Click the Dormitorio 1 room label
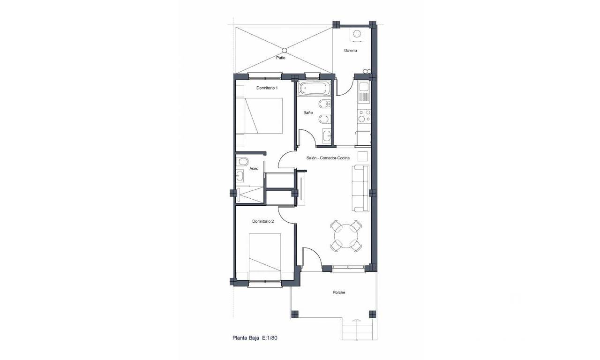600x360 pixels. (x=267, y=88)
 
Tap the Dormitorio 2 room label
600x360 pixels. (x=263, y=221)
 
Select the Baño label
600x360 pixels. (x=308, y=113)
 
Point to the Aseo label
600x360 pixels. (x=254, y=168)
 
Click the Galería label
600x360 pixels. (x=350, y=50)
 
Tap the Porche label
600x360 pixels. (x=339, y=292)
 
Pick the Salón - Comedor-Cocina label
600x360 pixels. (x=328, y=158)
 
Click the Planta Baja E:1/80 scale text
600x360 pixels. (x=255, y=338)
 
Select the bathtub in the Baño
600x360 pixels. (x=315, y=89)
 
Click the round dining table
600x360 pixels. (x=346, y=236)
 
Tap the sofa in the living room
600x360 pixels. (x=361, y=188)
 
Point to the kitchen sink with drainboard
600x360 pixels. (x=364, y=92)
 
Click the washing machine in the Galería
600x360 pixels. (x=357, y=35)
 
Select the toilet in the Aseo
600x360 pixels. (x=242, y=162)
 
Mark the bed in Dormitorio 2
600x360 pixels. (x=265, y=253)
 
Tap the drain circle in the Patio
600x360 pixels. (x=284, y=50)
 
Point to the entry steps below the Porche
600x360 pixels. (x=357, y=330)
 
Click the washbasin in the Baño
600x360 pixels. (x=327, y=136)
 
